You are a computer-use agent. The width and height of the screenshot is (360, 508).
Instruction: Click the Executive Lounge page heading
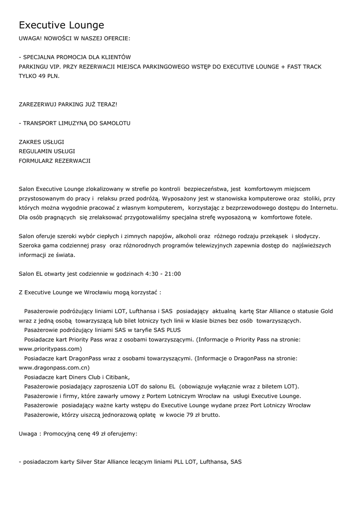pyautogui.click(x=62, y=25)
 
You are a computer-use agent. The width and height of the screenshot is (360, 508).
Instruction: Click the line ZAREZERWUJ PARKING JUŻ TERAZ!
pyautogui.click(x=68, y=104)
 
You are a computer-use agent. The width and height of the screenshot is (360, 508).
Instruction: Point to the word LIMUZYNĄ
pyautogui.click(x=73, y=123)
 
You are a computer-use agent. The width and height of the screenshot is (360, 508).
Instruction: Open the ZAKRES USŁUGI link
pyautogui.click(x=41, y=142)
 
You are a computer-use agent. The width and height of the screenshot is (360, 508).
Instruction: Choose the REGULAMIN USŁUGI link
pyautogui.click(x=47, y=151)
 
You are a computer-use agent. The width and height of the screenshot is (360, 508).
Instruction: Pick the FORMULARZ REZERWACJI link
pyautogui.click(x=55, y=161)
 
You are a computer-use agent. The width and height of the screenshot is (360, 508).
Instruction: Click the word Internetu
pyautogui.click(x=320, y=207)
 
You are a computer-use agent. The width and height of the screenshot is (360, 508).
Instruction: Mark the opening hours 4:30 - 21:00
pyautogui.click(x=163, y=273)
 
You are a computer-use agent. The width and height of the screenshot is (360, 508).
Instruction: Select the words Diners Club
pyautogui.click(x=75, y=377)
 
